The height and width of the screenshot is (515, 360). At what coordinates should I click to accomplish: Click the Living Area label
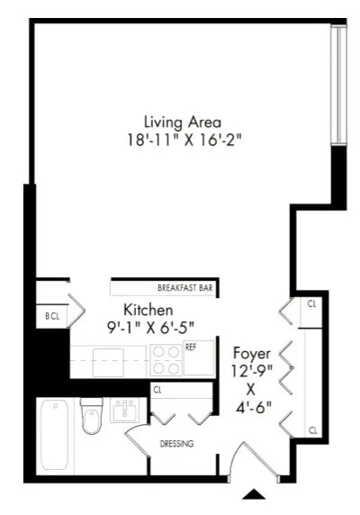(x=183, y=122)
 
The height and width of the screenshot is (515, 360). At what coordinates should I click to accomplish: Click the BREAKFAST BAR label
(x=184, y=288)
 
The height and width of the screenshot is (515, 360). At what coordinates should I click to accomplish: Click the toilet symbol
(x=92, y=416)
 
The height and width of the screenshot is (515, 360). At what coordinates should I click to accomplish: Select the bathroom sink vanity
(x=123, y=411)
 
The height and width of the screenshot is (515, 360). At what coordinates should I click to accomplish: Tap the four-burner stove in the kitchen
(x=165, y=360)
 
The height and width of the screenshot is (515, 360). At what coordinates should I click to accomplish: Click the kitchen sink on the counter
(x=105, y=361)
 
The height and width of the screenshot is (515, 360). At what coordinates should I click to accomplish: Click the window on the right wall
(x=338, y=86)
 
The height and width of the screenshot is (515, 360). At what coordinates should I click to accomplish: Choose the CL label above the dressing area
(x=157, y=390)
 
